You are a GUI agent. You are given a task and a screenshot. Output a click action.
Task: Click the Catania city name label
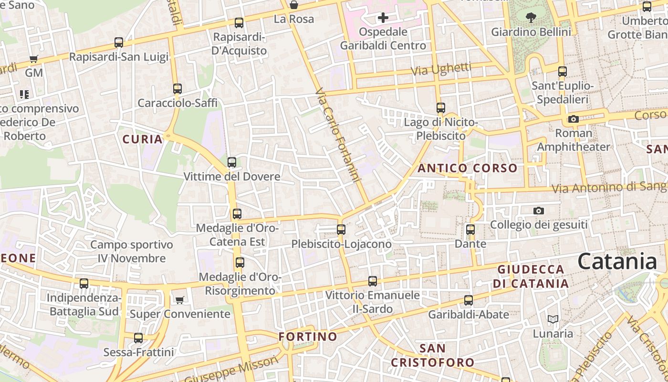click(617, 262)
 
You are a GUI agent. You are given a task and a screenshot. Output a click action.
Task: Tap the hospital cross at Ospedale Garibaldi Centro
click(383, 18)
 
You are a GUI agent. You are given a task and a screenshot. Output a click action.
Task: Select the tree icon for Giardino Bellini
click(531, 18)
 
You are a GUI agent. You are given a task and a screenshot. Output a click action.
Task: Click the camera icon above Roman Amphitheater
click(574, 119)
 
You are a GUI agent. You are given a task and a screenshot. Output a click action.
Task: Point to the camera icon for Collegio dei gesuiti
click(539, 211)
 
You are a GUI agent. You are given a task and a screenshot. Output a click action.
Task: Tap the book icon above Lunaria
click(553, 319)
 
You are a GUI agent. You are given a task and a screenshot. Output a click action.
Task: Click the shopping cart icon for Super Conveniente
click(179, 300)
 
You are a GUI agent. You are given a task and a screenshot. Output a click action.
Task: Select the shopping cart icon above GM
click(33, 59)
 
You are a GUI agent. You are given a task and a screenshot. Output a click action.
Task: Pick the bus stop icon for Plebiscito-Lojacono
click(341, 230)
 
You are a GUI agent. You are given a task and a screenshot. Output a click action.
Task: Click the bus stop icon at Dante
click(470, 230)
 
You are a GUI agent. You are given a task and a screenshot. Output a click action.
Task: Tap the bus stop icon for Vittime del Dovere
click(232, 162)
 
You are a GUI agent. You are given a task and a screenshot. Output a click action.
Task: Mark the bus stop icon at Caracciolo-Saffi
click(177, 89)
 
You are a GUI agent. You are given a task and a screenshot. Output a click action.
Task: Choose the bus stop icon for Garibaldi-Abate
click(469, 300)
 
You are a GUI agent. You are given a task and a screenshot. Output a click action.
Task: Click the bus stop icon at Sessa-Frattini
click(138, 338)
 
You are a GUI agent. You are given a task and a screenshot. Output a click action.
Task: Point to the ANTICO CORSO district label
click(467, 168)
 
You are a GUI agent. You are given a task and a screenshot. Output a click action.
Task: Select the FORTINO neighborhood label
click(308, 337)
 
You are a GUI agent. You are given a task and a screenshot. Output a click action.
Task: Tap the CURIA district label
click(142, 139)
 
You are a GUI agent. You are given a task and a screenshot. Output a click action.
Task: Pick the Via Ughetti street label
click(441, 69)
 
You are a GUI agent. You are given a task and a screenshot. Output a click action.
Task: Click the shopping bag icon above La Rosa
click(294, 5)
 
